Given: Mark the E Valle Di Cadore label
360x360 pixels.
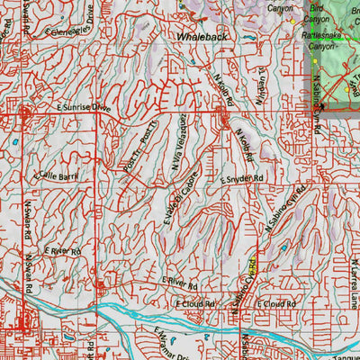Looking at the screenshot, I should (192, 183).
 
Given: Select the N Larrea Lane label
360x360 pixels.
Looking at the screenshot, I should (353, 269).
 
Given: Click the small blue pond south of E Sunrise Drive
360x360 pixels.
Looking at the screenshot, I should (15, 141).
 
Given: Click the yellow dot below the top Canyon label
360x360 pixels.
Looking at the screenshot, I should (292, 22).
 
